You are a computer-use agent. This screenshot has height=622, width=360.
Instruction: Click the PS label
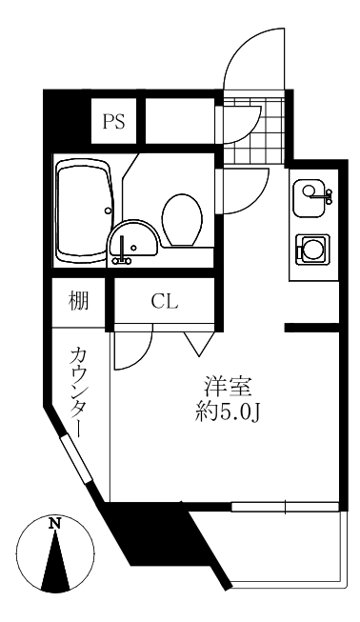pyautogui.click(x=114, y=121)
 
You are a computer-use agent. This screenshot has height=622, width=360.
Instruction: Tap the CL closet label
pyautogui.click(x=164, y=302)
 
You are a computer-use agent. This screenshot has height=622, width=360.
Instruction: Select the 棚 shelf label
pyautogui.click(x=78, y=300)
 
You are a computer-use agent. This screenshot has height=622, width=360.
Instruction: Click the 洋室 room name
pyautogui.click(x=228, y=387)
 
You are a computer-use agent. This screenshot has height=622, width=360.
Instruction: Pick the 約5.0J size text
pyautogui.click(x=228, y=413)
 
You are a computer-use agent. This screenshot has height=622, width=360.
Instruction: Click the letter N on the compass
pyautogui.click(x=55, y=524)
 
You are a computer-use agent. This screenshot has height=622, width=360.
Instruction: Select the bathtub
pyautogui.click(x=86, y=211)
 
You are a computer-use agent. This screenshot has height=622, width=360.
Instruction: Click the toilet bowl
pyautogui.click(x=182, y=220)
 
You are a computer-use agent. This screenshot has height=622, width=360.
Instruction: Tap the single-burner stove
pyautogui.click(x=312, y=250)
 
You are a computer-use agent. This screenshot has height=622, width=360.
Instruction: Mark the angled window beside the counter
pyautogui.click(x=76, y=458)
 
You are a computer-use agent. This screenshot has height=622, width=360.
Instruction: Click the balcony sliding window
pyautogui.click(x=285, y=507)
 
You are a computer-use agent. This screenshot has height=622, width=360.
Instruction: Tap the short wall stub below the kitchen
pyautogui.click(x=312, y=328)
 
